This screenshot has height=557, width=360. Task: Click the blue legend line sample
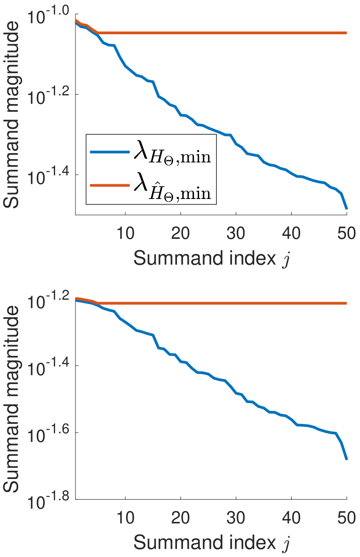pyautogui.click(x=109, y=152)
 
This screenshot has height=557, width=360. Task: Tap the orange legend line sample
pyautogui.click(x=109, y=185)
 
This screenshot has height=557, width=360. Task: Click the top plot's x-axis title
pyautogui.click(x=211, y=259)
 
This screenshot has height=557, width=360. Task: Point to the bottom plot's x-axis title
pyautogui.click(x=211, y=543)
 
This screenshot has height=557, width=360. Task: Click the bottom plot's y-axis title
pyautogui.click(x=13, y=399)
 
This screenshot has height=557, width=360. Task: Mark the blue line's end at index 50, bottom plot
pyautogui.click(x=347, y=459)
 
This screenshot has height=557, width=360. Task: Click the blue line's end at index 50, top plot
pyautogui.click(x=347, y=209)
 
